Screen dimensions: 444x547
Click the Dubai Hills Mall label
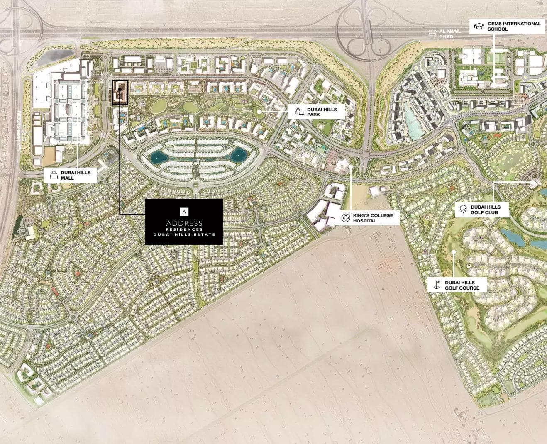coord(76,175)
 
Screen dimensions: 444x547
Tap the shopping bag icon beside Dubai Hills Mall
coord(54,175)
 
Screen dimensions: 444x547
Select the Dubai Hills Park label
coord(322,112)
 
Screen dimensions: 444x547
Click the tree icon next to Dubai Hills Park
coord(298,111)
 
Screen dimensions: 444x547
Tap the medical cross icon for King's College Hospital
coord(345,218)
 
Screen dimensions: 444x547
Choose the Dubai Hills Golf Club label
coord(485,210)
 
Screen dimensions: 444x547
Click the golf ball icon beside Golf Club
coord(463,210)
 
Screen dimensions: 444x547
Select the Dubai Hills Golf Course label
coord(462,285)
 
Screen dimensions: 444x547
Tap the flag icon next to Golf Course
coord(437,285)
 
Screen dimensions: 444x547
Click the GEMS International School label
coord(514,26)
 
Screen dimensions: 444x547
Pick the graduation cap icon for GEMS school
coord(479,26)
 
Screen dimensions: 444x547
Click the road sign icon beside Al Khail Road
coord(433,34)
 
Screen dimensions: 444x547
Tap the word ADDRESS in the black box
coord(184,223)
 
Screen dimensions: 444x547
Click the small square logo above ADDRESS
coord(184,212)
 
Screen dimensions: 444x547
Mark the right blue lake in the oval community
coord(238,156)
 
